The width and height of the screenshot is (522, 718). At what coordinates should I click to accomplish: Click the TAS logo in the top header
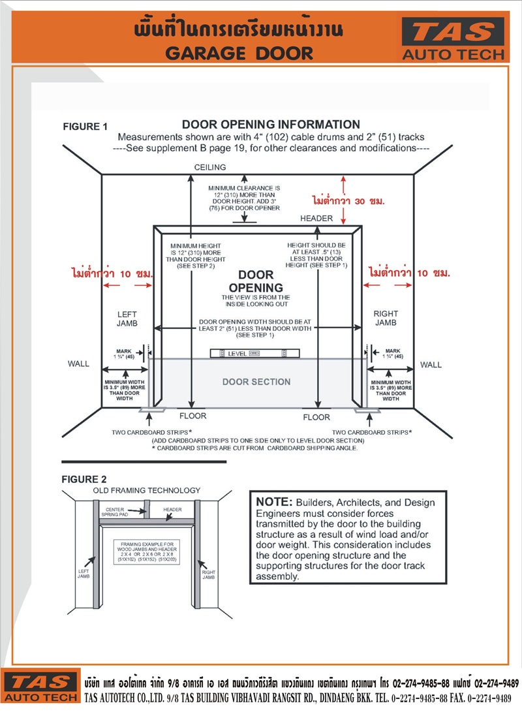tap(453, 39)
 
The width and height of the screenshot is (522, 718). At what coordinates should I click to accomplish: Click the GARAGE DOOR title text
tap(239, 54)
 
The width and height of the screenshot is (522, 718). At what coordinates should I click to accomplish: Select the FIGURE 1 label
tap(85, 127)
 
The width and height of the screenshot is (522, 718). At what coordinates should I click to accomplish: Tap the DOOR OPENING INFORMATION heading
tap(271, 125)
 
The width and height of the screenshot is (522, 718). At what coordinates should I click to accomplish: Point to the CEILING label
tap(210, 167)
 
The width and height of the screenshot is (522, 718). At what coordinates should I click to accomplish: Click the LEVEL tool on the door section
tap(254, 354)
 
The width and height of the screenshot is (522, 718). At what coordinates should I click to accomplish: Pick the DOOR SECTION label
tap(256, 382)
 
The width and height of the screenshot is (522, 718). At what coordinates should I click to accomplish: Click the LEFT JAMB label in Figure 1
tap(127, 319)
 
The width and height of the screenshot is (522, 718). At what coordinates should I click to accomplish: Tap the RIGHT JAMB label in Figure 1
tap(386, 318)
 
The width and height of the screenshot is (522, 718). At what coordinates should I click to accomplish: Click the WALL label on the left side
tap(78, 364)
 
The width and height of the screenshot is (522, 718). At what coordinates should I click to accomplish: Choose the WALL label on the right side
tap(431, 365)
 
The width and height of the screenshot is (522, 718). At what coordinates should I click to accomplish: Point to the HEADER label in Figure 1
tap(316, 219)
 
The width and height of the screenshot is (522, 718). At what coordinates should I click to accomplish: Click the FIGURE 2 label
tap(84, 480)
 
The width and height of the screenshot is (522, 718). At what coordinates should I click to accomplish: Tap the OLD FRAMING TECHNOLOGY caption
tap(147, 490)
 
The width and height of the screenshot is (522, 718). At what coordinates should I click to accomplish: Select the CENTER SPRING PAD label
tap(114, 512)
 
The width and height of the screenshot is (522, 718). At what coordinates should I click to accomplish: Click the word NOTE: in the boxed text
tap(274, 502)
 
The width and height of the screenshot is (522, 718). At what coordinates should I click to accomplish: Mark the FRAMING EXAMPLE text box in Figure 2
tap(147, 552)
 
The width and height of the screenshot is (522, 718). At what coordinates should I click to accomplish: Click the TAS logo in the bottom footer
tap(41, 687)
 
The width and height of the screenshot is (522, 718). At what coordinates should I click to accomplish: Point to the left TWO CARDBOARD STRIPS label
tap(151, 432)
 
